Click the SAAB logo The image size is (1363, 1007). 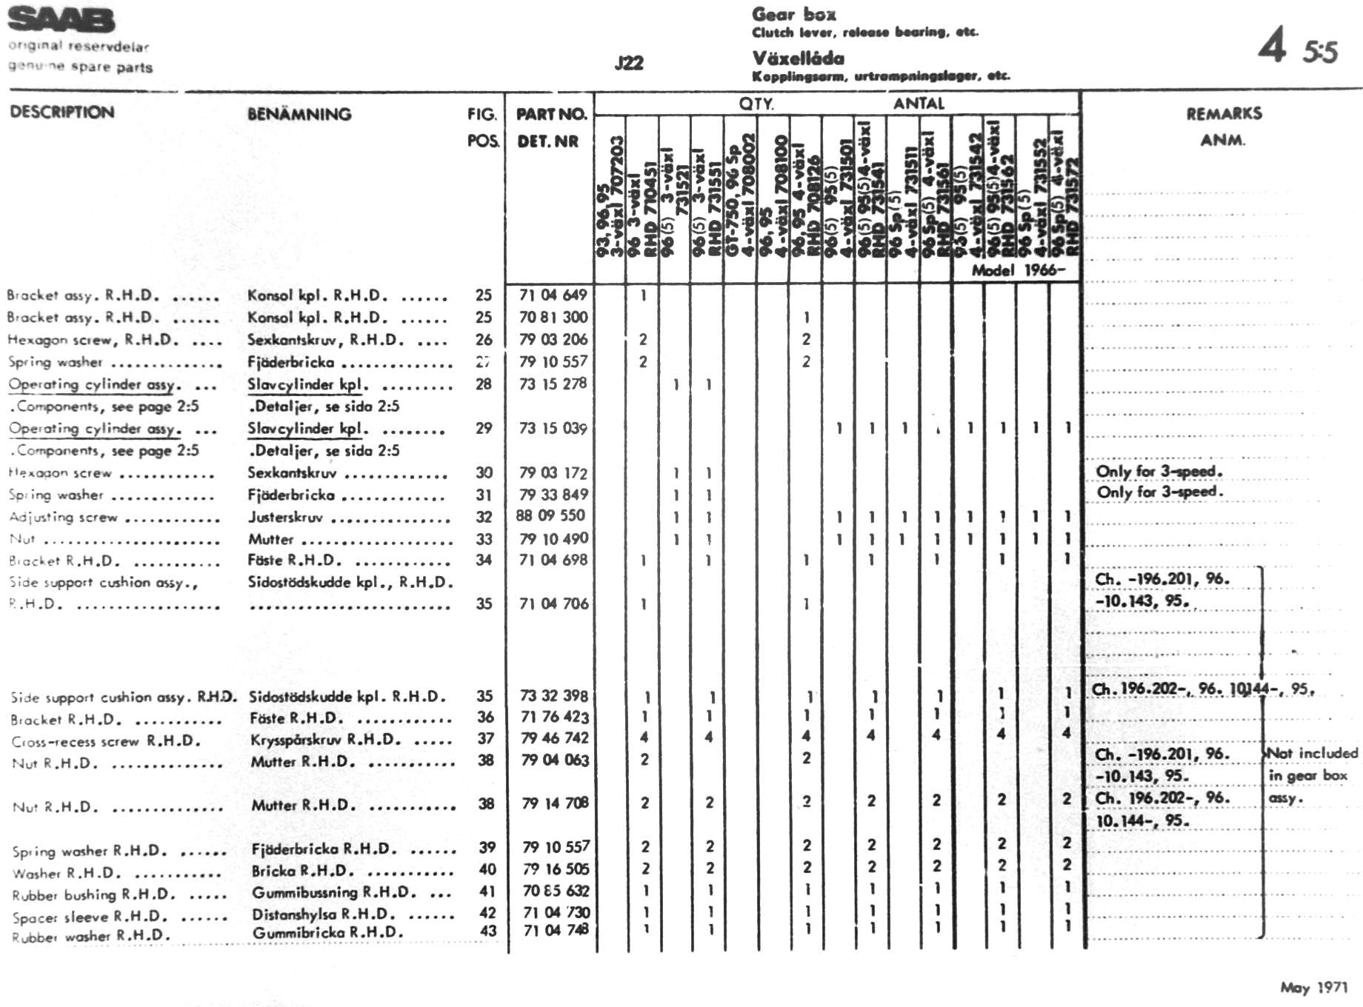(61, 21)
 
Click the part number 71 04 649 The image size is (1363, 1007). (553, 295)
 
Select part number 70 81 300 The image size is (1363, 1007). (553, 317)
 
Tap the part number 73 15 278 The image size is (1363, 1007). (553, 384)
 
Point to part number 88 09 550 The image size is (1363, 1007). (550, 515)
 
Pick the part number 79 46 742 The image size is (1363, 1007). (554, 738)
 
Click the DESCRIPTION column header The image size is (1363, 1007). (62, 113)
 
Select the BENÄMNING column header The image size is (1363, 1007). (299, 114)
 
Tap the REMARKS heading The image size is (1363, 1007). (1224, 113)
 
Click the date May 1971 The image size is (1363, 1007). (1313, 987)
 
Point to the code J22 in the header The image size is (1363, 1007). (629, 63)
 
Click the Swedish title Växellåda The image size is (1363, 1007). (798, 58)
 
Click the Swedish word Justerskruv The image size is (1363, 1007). (285, 517)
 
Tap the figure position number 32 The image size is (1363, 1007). (484, 516)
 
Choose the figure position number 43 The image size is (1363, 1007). (487, 931)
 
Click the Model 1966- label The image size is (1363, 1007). (1018, 270)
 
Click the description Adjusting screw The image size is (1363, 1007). (64, 517)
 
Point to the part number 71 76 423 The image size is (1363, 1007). (554, 717)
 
